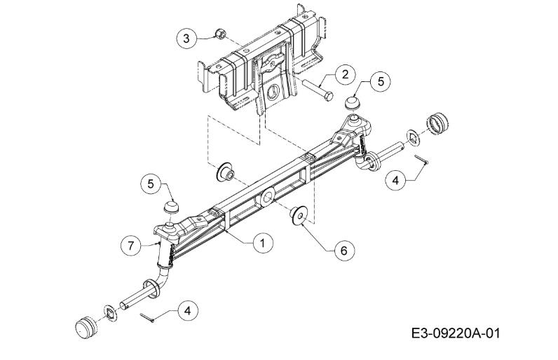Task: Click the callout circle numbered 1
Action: tap(263, 244)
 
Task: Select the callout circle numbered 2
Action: tap(345, 75)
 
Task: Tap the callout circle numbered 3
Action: tap(187, 39)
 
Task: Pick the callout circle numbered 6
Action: tap(344, 251)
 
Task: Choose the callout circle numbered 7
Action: tap(131, 246)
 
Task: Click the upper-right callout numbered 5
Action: tap(381, 82)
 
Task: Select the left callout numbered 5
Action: tap(151, 184)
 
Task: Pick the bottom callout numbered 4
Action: tap(188, 311)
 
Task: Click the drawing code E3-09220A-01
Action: tap(456, 333)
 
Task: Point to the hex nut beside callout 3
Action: tap(220, 34)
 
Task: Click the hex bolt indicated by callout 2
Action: tap(318, 90)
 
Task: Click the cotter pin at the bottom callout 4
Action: tap(147, 317)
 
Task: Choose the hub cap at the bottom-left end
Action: tap(86, 326)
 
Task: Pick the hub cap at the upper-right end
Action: tap(437, 124)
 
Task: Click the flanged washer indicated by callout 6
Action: tap(298, 215)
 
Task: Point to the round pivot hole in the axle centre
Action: tap(268, 197)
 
